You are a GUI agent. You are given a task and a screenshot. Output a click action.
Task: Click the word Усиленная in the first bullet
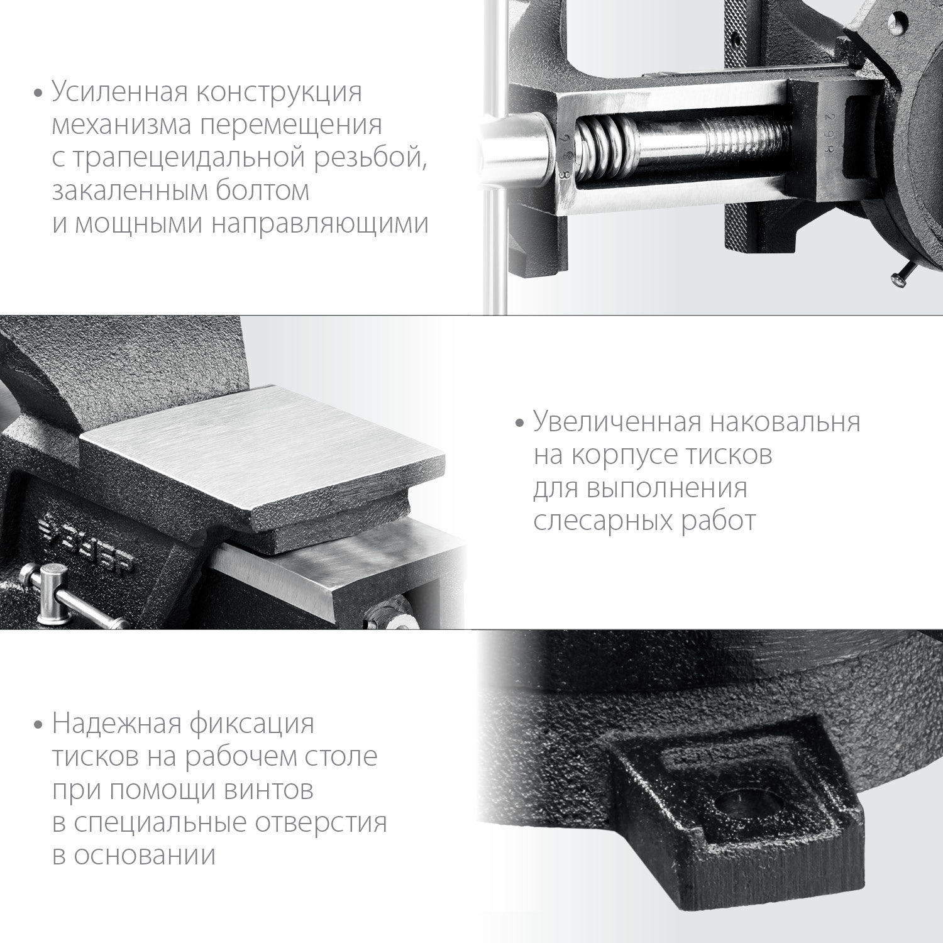[119, 92]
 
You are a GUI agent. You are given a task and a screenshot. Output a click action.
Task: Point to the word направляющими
[320, 223]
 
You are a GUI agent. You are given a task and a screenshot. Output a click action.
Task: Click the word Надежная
[116, 724]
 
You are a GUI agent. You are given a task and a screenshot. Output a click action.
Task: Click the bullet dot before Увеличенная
[519, 423]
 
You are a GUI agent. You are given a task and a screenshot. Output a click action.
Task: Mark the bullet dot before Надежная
[38, 725]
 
